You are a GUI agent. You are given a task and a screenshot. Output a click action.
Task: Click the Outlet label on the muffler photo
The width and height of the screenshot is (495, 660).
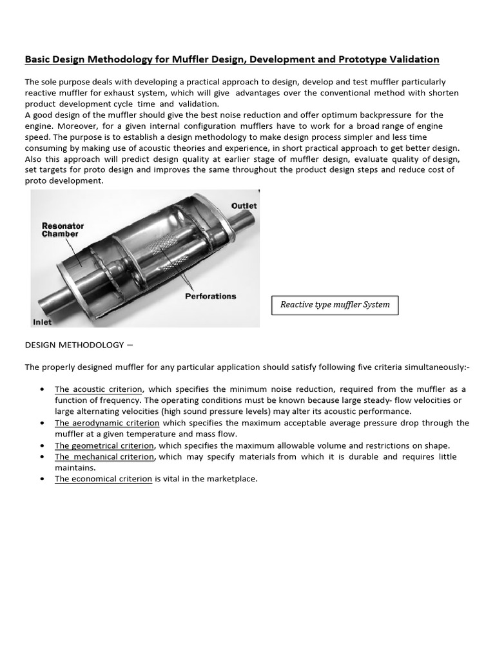click(244, 206)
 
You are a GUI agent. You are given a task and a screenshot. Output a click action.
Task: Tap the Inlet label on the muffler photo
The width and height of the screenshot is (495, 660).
click(42, 321)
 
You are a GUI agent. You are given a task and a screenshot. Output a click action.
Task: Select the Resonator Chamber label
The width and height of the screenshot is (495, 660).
click(63, 230)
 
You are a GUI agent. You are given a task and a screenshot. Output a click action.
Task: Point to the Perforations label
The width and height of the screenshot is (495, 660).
click(210, 296)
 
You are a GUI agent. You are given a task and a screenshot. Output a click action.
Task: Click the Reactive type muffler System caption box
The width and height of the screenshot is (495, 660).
click(335, 304)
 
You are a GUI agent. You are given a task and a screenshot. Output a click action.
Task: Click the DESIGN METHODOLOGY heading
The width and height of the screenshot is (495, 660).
click(73, 345)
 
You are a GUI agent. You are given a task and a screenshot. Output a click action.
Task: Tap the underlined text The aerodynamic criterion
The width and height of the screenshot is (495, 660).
click(107, 423)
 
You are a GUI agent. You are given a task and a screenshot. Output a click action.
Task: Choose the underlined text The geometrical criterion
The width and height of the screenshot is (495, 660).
click(104, 445)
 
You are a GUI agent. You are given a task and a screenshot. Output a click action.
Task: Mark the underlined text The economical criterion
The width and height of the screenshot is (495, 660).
click(103, 479)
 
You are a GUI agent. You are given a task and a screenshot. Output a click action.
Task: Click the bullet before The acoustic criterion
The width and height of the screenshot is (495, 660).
click(42, 390)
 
